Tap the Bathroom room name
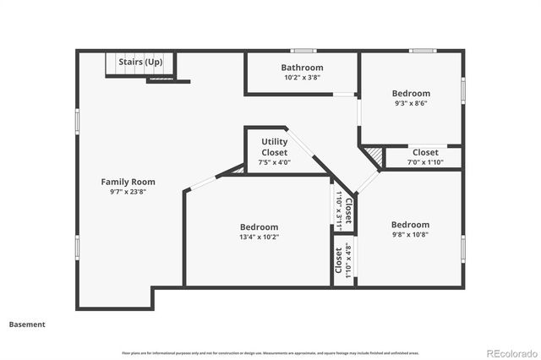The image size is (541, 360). (x=302, y=68)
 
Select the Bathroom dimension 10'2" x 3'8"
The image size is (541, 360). (x=302, y=77)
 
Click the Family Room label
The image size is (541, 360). (x=128, y=182)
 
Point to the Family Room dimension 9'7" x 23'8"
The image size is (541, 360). (x=128, y=191)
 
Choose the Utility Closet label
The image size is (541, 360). (x=274, y=147)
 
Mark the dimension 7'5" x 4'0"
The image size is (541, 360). (x=274, y=162)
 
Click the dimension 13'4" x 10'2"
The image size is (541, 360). (x=259, y=237)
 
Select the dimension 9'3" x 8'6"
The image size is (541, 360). (x=411, y=103)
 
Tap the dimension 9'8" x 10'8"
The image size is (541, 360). (x=411, y=235)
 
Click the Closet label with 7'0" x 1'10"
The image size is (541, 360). (x=425, y=153)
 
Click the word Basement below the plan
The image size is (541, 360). (x=27, y=324)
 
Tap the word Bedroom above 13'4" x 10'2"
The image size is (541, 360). (x=259, y=227)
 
